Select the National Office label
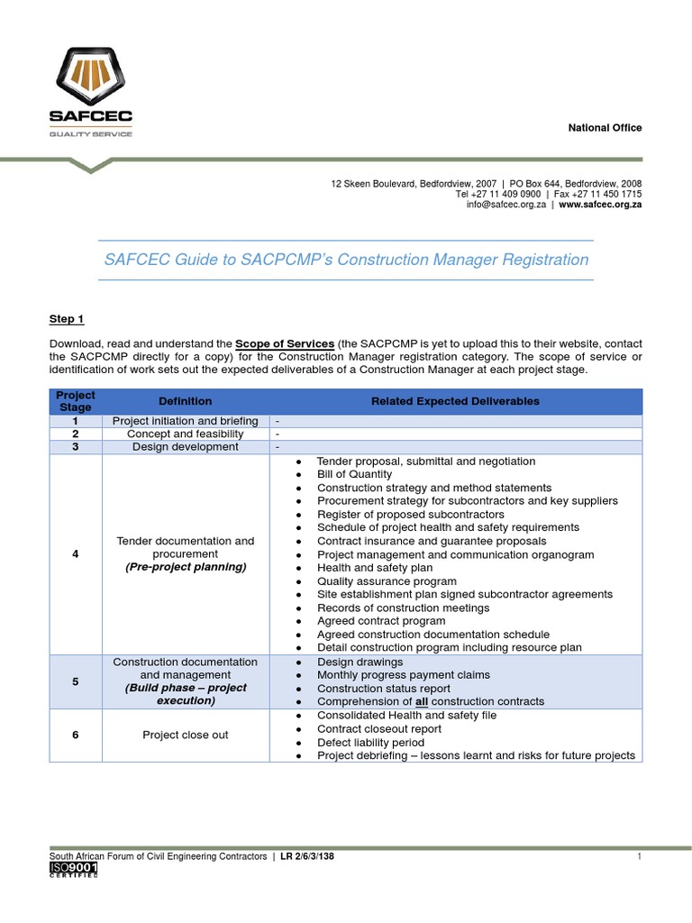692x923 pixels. point(605,128)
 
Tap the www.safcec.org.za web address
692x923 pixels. point(600,205)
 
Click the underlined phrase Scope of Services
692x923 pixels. point(285,343)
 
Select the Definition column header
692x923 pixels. point(186,401)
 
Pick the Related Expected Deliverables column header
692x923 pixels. point(455,401)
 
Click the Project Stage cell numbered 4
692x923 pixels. point(76,553)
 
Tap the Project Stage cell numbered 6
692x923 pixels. point(76,735)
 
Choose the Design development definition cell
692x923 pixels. point(186,447)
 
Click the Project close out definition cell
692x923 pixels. point(186,735)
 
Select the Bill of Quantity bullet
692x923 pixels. point(354,474)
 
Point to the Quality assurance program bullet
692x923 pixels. point(387,581)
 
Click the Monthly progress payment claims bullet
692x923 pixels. point(403,675)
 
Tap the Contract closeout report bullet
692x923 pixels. point(379,728)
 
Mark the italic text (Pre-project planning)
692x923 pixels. point(186,567)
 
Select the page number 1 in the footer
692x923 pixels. point(639,856)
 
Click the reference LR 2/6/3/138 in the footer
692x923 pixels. point(307,856)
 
